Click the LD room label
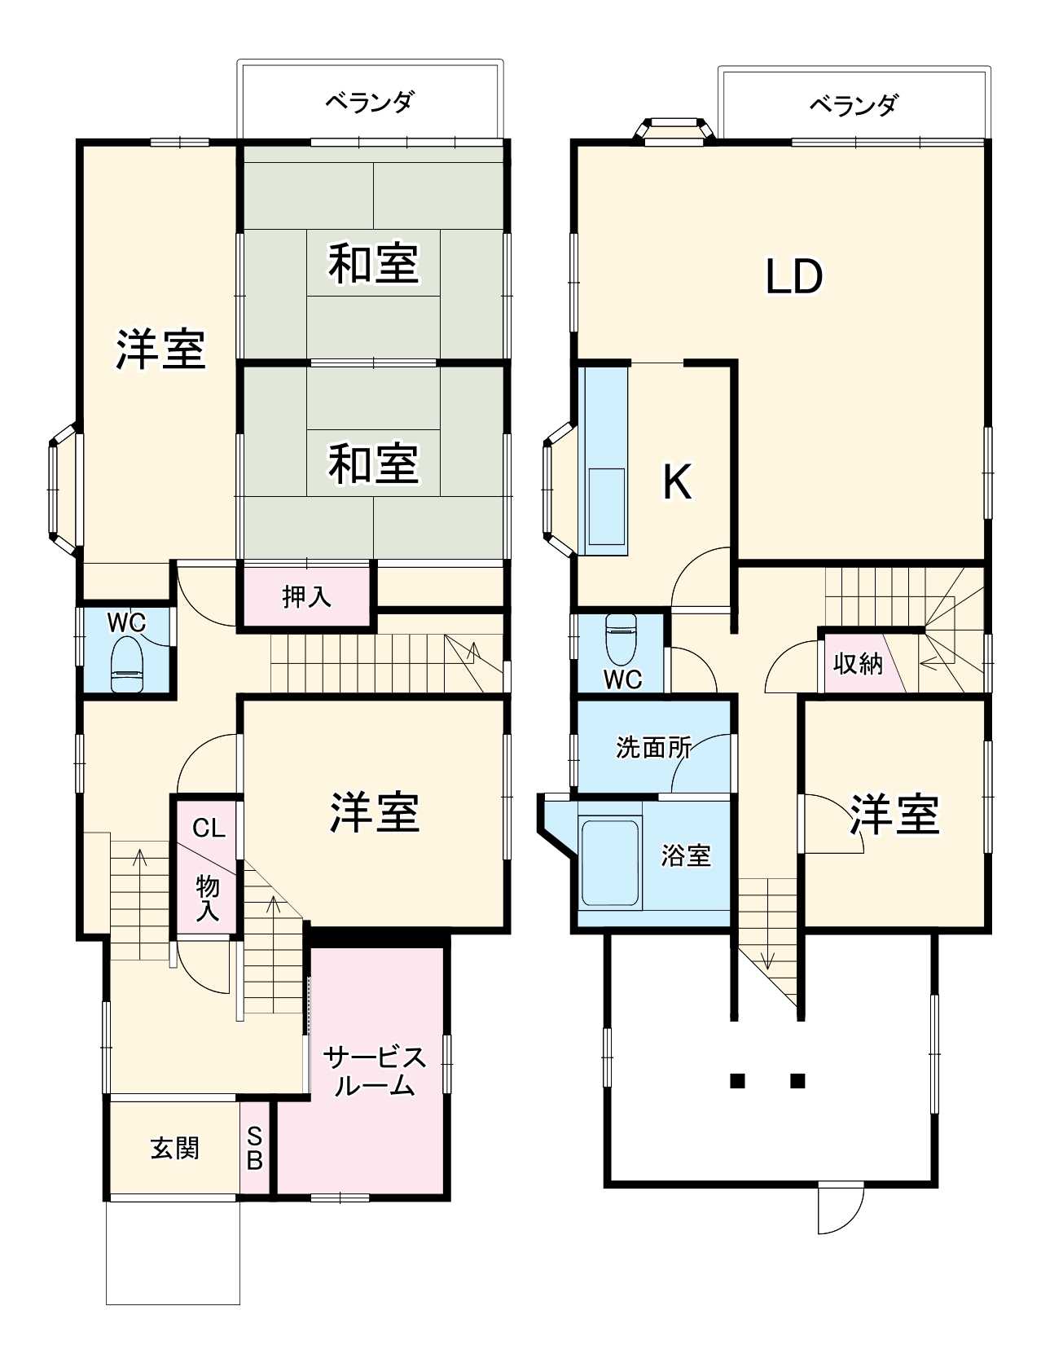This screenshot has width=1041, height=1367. coord(794,277)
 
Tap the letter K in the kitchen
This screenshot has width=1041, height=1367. coord(677,481)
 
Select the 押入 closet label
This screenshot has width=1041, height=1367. coord(306,596)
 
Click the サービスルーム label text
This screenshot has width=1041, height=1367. coord(375,1071)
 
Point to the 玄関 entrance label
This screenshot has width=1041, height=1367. coord(174,1148)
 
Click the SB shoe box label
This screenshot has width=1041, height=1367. coord(254,1149)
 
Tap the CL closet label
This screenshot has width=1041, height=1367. coord(208,829)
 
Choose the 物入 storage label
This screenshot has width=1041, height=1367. coord(208,898)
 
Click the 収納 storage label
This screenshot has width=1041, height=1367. coord(858,664)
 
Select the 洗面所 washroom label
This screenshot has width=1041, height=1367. coord(653,747)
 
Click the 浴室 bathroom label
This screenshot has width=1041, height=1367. coord(686,855)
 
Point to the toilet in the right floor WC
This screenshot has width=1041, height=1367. coord(622,640)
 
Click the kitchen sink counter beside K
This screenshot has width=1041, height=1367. coord(604,460)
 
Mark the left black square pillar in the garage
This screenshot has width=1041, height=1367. coord(737,1081)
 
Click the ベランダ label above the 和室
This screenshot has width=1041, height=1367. coord(370,103)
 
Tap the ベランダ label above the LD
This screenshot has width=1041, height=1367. coord(853,105)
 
